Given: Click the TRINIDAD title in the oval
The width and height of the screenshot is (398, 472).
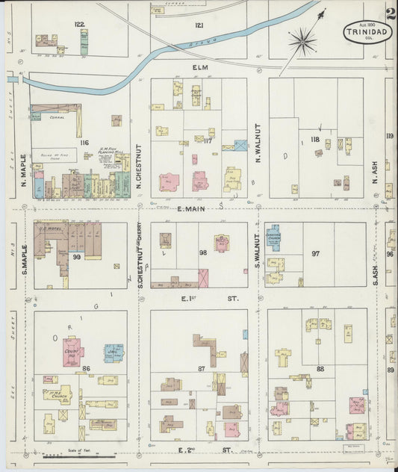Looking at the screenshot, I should coord(367,31).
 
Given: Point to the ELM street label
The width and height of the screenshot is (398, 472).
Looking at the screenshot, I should coord(199,67).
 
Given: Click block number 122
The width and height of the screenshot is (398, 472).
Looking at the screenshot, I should coord(79,24).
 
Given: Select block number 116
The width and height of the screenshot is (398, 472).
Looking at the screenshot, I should coord(85,142).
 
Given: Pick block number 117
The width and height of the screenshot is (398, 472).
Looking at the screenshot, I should coord(208,140).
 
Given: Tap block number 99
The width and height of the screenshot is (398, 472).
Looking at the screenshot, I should coord(77,256).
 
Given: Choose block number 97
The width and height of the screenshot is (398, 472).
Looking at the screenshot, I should coord(316,254).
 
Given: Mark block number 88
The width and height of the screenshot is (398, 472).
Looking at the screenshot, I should coord(320,368).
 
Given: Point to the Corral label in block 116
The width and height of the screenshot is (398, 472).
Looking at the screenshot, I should coord(57,117).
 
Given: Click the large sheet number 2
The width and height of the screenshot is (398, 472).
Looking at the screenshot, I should coord(391,12).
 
